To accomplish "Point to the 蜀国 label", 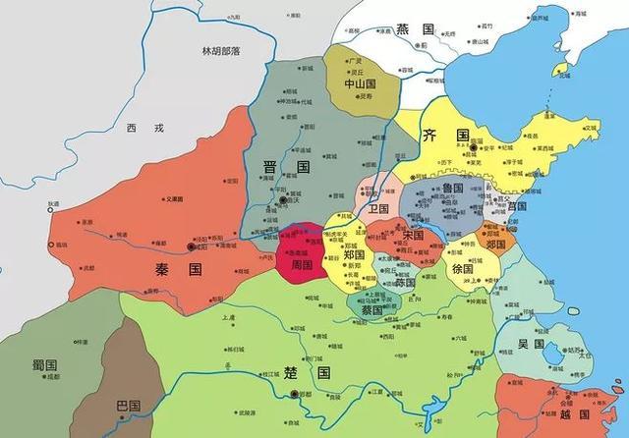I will [x=45, y=364].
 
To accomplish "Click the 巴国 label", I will [x=127, y=404].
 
